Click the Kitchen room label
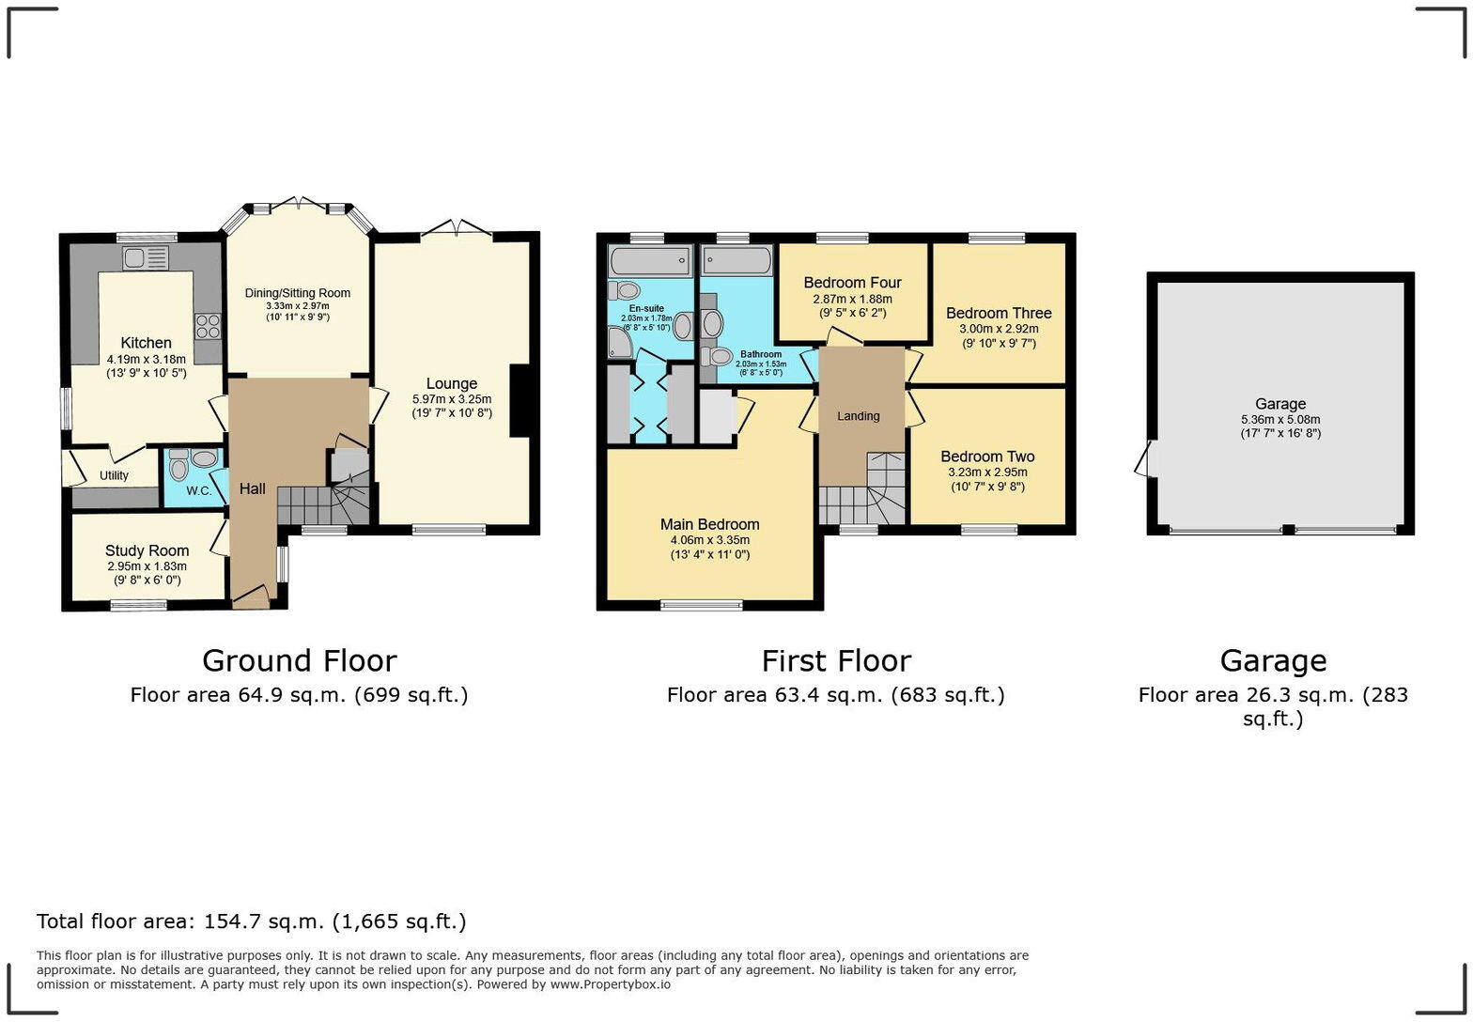[146, 343]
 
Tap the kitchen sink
[145, 257]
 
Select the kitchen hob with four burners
[208, 326]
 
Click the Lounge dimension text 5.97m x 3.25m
[452, 399]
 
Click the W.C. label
[198, 491]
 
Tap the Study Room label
[147, 550]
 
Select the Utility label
[114, 475]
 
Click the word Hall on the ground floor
[252, 488]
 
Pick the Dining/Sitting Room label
[298, 293]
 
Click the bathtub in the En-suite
[650, 260]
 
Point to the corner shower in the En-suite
[620, 343]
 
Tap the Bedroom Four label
[852, 283]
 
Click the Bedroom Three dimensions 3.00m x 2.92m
[999, 330]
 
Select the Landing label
[859, 416]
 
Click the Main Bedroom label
[709, 524]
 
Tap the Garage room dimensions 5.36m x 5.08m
[1280, 420]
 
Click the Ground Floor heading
[299, 660]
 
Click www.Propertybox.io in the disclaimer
[610, 984]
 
